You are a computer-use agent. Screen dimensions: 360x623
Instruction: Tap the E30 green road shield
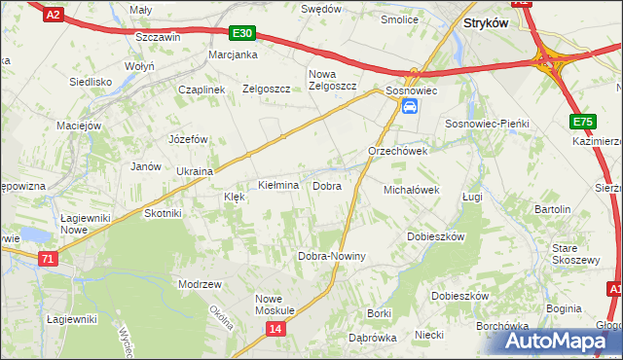(243, 33)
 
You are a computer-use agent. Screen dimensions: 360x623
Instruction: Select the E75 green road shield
(582, 121)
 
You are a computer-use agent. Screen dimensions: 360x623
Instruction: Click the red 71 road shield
(49, 258)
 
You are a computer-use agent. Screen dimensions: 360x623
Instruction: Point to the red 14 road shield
(276, 330)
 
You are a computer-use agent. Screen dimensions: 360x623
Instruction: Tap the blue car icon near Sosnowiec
(410, 105)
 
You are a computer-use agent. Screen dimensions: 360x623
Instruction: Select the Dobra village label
(326, 185)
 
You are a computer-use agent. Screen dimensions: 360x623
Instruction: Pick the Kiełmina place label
(277, 185)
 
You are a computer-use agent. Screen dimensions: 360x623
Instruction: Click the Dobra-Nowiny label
(331, 256)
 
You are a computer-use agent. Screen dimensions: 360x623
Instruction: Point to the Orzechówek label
(398, 152)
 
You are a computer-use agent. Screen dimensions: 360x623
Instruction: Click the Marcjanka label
(233, 54)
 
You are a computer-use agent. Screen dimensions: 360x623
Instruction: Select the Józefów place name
(190, 139)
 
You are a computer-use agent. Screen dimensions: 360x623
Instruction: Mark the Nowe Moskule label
(275, 304)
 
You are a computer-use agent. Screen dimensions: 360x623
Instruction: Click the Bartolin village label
(552, 209)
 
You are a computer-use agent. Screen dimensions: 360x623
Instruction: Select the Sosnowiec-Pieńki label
(486, 125)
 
